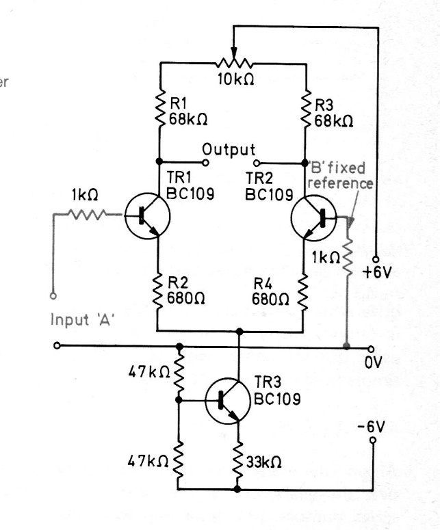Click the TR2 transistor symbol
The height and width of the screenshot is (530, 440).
(x=313, y=217)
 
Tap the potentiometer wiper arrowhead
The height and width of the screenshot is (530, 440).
(x=235, y=56)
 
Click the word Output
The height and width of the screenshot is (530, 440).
(x=228, y=149)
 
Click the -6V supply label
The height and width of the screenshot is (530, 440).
(x=372, y=426)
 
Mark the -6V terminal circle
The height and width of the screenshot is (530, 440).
(x=373, y=440)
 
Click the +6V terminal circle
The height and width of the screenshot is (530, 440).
(x=377, y=255)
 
